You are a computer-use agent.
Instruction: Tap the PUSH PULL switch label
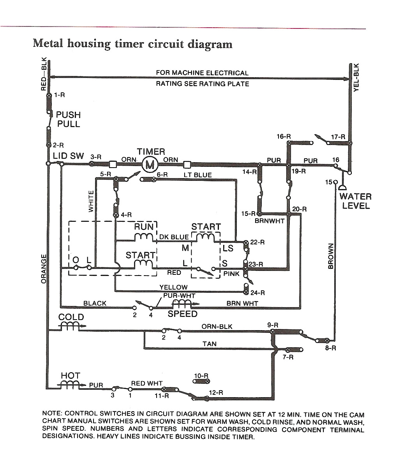(x=68, y=119)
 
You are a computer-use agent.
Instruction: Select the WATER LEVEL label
(x=355, y=201)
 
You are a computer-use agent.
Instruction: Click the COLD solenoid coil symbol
(x=71, y=327)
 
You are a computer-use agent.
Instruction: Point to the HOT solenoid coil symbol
(x=70, y=385)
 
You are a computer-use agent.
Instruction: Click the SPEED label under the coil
(x=182, y=314)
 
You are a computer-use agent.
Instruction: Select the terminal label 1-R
(x=60, y=95)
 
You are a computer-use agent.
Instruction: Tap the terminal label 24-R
(x=257, y=292)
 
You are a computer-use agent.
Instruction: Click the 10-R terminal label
(x=201, y=376)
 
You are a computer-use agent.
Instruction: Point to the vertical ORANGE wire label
(x=44, y=269)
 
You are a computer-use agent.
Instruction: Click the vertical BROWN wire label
(x=331, y=256)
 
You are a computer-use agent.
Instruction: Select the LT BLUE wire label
(x=198, y=175)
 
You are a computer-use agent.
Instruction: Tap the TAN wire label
(x=210, y=344)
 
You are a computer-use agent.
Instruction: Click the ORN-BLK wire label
(x=217, y=326)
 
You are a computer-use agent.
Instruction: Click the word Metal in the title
(x=48, y=43)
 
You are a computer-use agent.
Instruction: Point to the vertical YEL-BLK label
(x=356, y=77)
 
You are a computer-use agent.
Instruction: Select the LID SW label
(x=69, y=156)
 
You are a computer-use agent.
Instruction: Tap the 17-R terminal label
(x=338, y=137)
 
